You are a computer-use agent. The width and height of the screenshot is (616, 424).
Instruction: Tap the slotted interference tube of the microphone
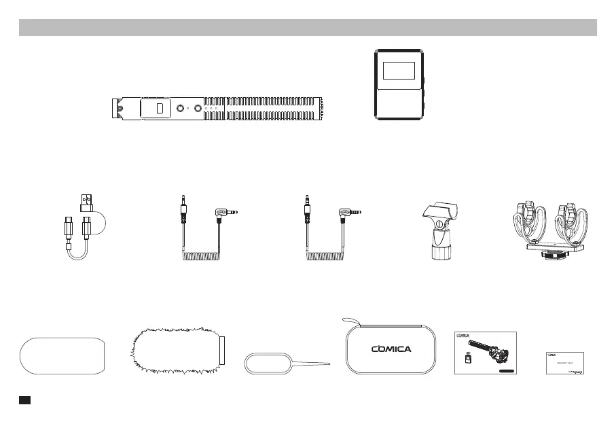point(272,109)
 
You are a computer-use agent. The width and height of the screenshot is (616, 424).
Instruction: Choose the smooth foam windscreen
point(62,355)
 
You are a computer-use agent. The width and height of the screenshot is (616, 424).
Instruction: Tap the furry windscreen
point(173,352)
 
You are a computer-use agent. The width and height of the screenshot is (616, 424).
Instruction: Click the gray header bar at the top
point(308,27)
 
